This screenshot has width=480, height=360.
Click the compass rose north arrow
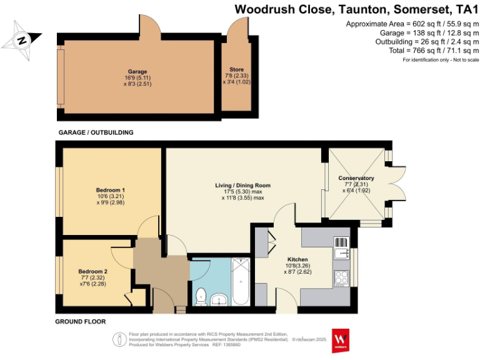pos(22,40)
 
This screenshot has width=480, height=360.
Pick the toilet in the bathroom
pos(201,296)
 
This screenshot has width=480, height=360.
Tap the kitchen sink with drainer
pos(341,248)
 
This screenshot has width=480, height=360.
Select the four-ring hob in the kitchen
pos(341,277)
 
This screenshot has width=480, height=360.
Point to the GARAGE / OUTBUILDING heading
pos(96,132)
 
